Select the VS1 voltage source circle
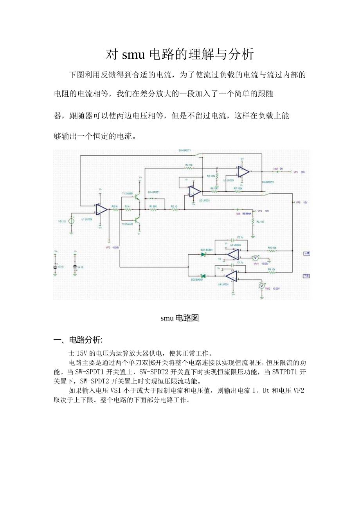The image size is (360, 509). tap(72, 221)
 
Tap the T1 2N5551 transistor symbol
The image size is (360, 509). tap(137, 198)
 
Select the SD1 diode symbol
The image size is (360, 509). tap(203, 254)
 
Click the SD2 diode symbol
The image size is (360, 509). tap(203, 276)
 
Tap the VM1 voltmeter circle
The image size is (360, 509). tap(255, 258)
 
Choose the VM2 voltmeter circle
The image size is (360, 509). tap(262, 286)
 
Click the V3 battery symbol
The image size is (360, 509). tap(56, 267)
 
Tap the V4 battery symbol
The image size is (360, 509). tap(75, 267)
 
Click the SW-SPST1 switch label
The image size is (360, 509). tap(153, 192)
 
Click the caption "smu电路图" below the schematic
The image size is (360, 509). tap(180, 318)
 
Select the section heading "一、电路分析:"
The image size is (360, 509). tap(78, 340)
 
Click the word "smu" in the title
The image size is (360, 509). tap(134, 54)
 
